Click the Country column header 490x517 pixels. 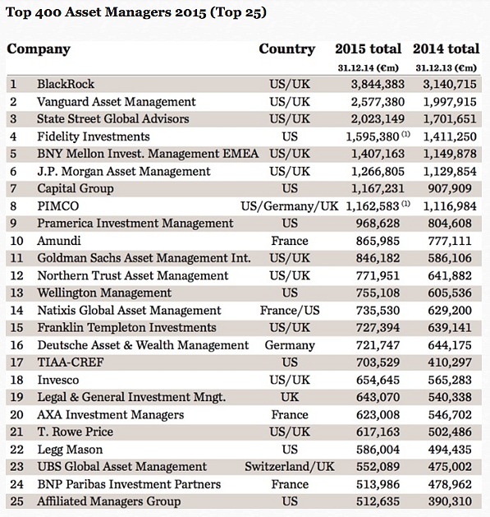[286, 49]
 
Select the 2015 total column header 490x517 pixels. [369, 48]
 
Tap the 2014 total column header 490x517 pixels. [446, 48]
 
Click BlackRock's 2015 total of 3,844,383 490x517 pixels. [378, 84]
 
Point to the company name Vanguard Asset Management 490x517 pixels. [117, 102]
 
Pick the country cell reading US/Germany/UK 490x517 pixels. [290, 206]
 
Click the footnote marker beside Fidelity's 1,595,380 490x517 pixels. [405, 134]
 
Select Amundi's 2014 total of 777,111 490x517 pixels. [450, 241]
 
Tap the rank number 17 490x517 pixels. [16, 362]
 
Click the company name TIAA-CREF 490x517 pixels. [71, 362]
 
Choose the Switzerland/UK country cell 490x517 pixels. [290, 467]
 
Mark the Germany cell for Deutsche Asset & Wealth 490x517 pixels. [290, 345]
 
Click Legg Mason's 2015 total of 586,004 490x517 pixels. [378, 450]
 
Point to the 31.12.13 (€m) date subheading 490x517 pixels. [446, 68]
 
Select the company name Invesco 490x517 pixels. [58, 380]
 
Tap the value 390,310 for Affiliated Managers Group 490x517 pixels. [450, 501]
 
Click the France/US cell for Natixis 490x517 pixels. [290, 311]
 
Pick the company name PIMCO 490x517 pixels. [58, 206]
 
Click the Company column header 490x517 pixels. [39, 49]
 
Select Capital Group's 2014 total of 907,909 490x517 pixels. [450, 188]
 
